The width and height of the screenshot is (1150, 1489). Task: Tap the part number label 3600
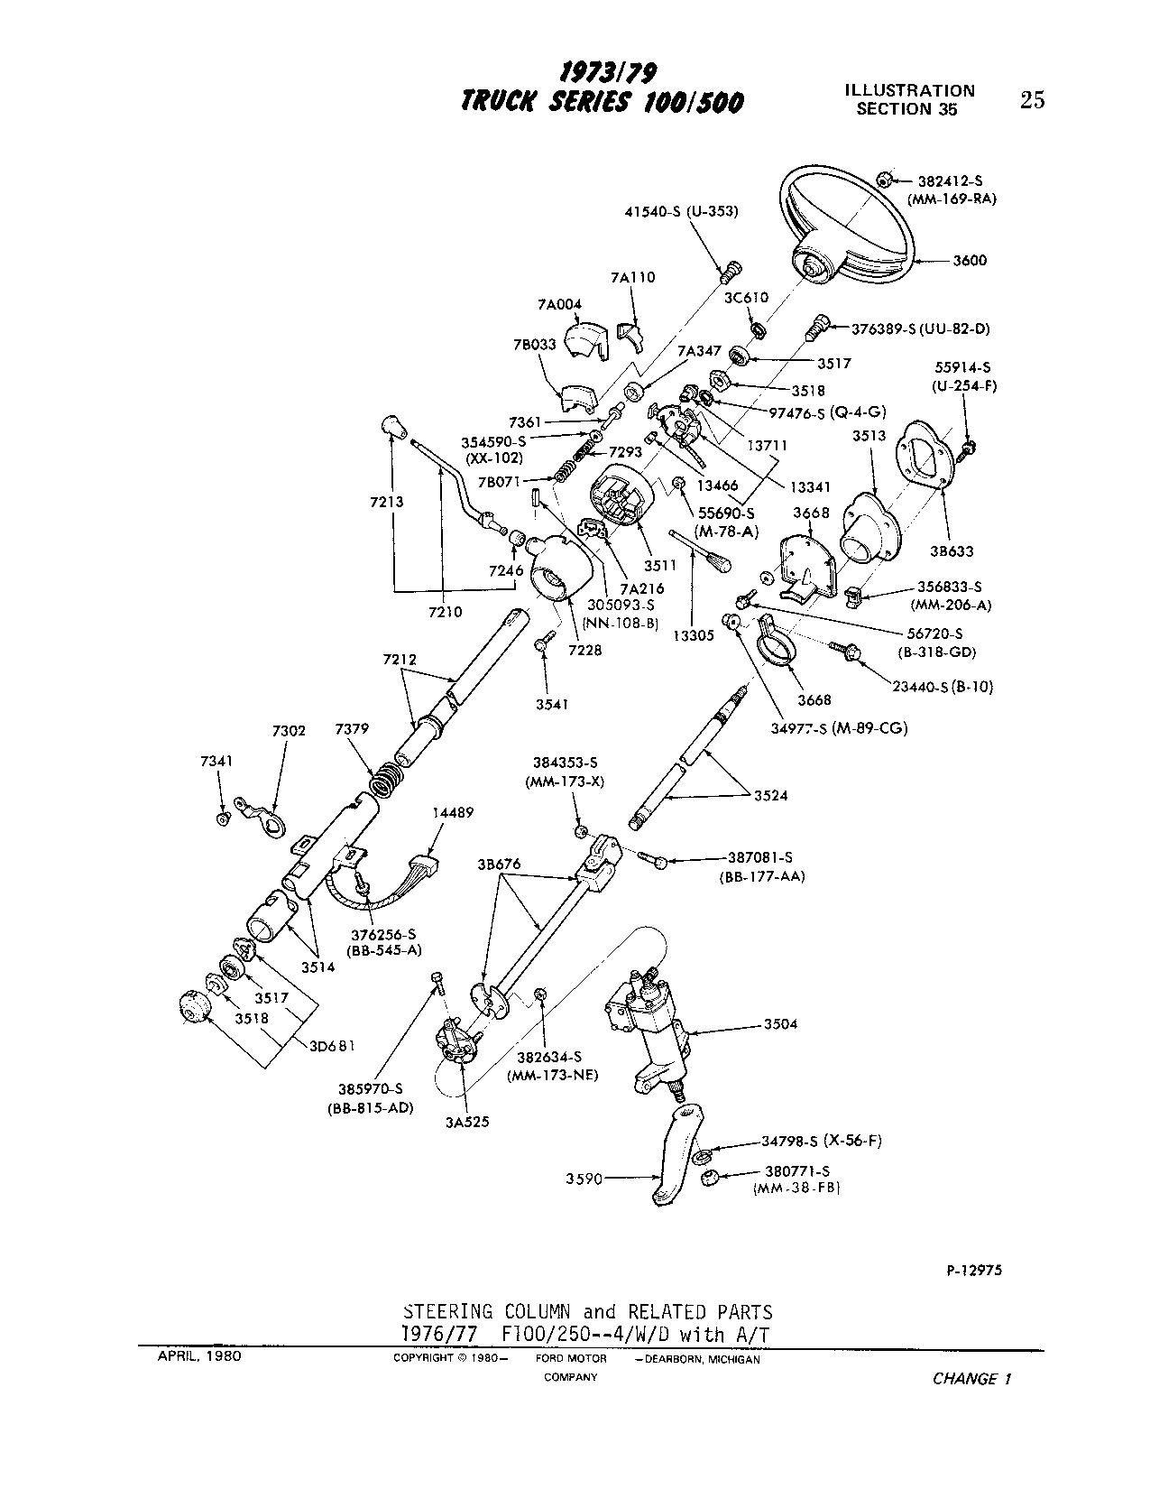(970, 261)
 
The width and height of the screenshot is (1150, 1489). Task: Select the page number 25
(1032, 100)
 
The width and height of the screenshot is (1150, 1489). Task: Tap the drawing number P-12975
(969, 1270)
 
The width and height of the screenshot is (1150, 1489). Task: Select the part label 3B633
(953, 550)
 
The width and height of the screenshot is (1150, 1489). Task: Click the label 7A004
(559, 305)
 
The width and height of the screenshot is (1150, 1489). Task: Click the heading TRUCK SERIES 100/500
(602, 102)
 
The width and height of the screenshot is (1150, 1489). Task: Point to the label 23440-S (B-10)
(942, 687)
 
